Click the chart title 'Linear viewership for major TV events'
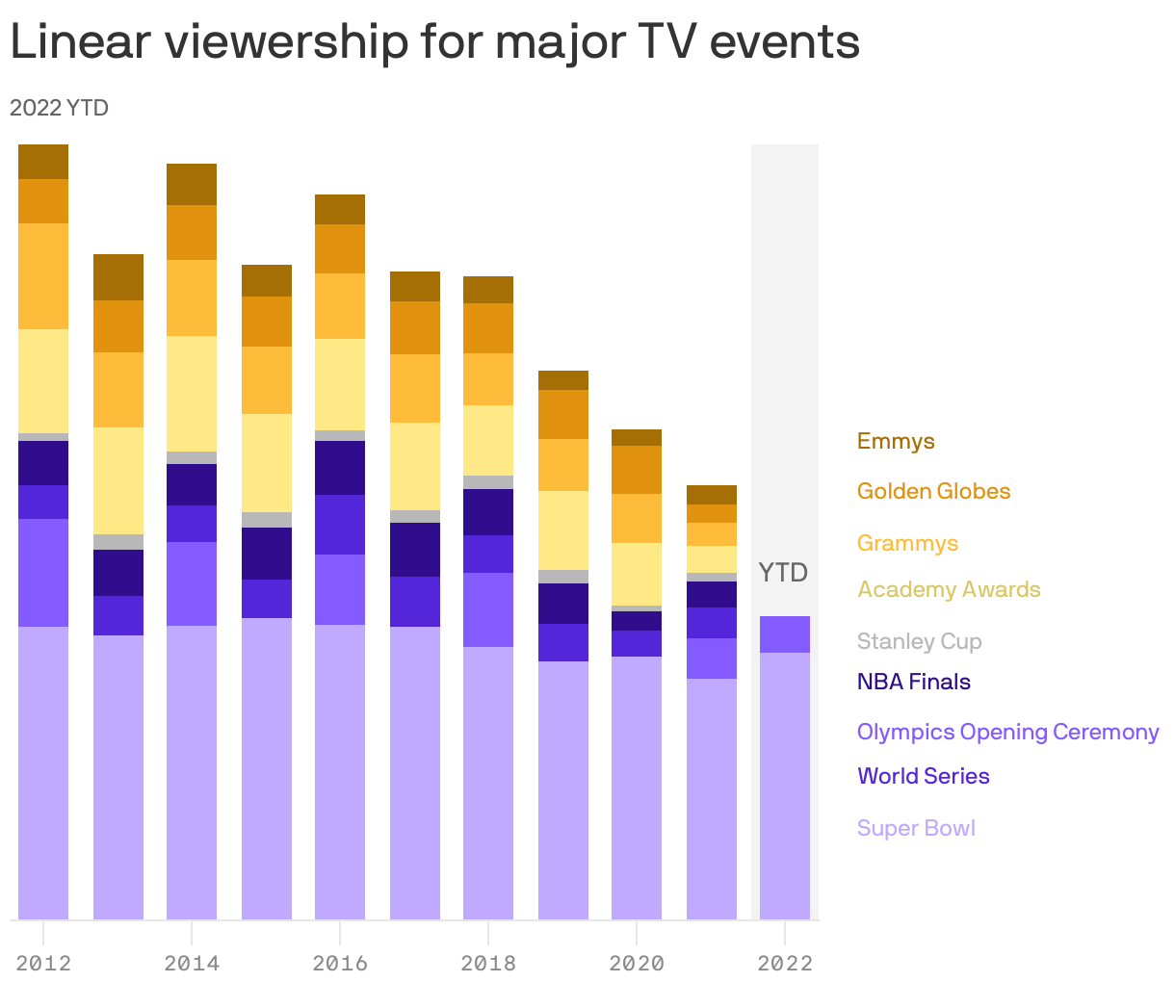(434, 42)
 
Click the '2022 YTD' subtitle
(59, 108)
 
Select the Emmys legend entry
(896, 441)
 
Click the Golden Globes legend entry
(933, 491)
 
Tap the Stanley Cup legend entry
(919, 641)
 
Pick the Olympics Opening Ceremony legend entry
(1007, 732)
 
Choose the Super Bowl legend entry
(916, 828)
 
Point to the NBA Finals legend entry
(913, 682)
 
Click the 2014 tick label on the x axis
(192, 963)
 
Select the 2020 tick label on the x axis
(637, 963)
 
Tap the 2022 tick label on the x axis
(785, 963)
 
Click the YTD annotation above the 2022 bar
(782, 573)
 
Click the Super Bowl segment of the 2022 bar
(785, 785)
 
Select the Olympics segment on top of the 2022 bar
(785, 634)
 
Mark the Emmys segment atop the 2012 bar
(43, 162)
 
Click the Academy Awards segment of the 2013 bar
(118, 480)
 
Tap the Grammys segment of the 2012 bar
(43, 276)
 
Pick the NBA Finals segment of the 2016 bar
(340, 468)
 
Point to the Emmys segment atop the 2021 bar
(712, 495)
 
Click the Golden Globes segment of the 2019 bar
(563, 414)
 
